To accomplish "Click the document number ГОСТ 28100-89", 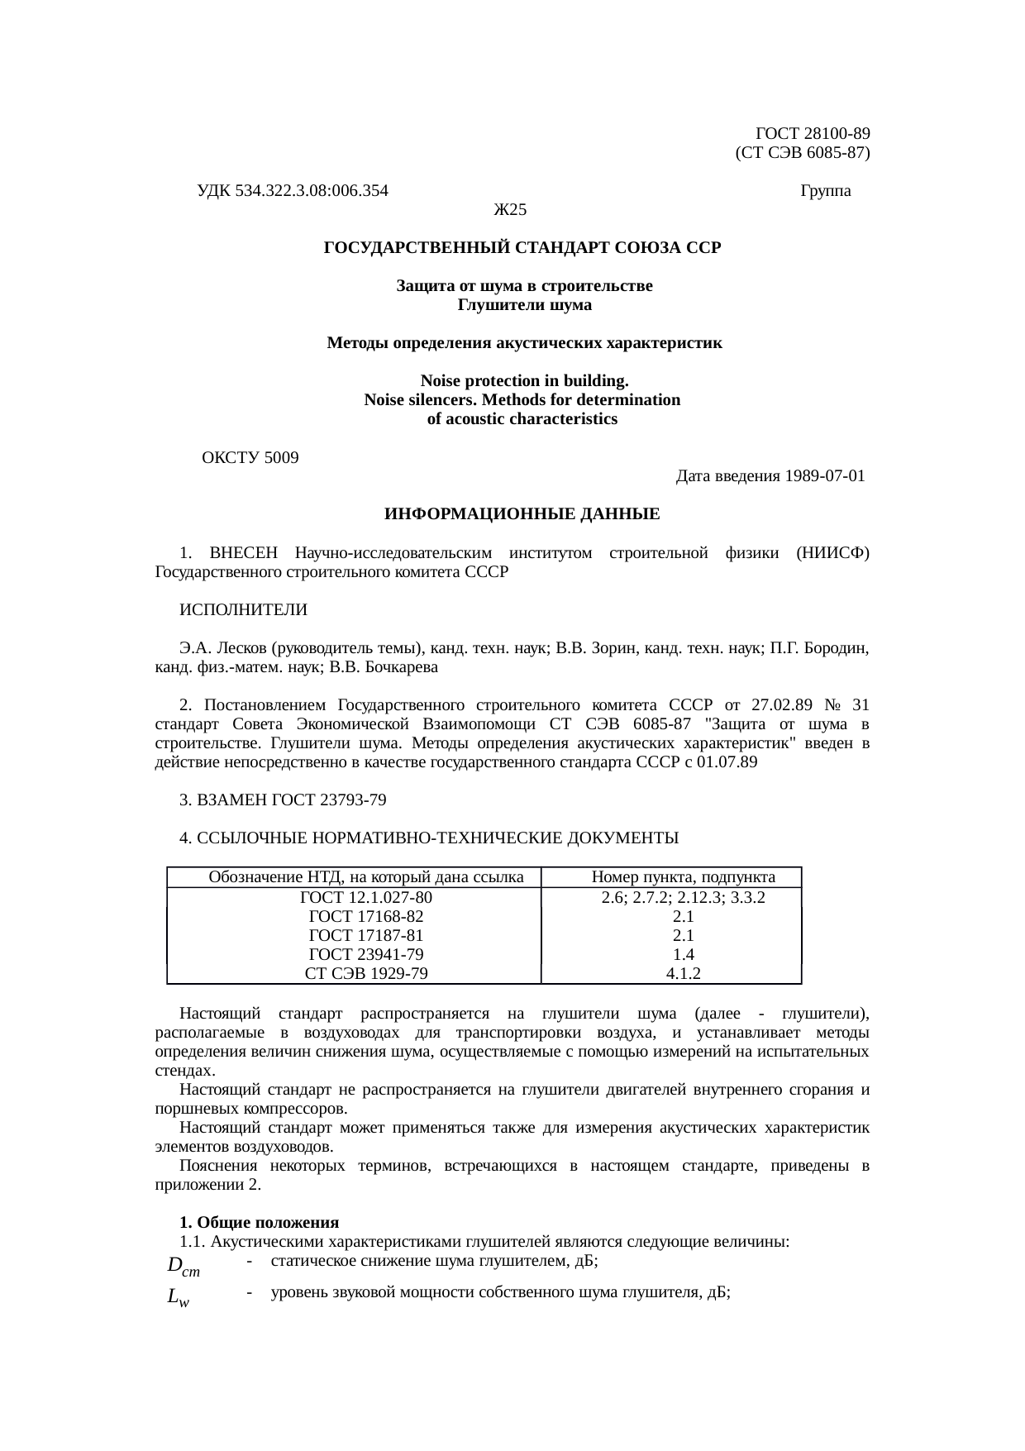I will (813, 133).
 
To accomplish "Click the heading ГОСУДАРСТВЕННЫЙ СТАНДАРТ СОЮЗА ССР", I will (522, 248).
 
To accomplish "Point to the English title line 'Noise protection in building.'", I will (524, 381).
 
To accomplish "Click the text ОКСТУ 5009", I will (250, 457).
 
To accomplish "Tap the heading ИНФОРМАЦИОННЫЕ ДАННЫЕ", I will (522, 514).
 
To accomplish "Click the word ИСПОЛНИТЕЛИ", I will (243, 610).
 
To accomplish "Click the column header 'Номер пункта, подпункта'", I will (684, 877).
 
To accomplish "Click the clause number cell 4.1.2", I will (684, 973).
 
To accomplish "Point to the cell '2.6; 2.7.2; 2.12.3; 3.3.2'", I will (684, 897).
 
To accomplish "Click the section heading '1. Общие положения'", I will (260, 1222).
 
